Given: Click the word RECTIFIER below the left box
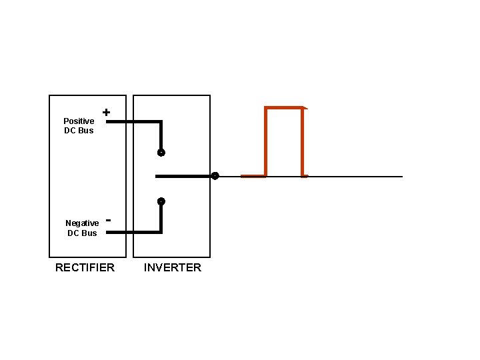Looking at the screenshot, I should [85, 267].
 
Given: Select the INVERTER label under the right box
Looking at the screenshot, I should [172, 267].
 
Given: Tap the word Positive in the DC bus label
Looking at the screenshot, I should [79, 121].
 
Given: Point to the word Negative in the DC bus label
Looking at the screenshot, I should [82, 223].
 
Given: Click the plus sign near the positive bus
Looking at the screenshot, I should [106, 113].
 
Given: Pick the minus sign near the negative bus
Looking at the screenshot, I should [108, 219].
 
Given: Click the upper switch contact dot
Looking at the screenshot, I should [161, 153].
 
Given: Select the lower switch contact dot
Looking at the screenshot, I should [161, 201].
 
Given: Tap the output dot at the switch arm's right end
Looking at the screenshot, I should [215, 176].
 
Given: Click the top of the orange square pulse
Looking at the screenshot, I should [285, 107].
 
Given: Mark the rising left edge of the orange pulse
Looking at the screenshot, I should [266, 141].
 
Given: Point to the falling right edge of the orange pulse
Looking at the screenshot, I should [303, 141].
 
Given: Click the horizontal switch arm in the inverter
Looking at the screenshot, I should [184, 176].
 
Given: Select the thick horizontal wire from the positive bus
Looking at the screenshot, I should [133, 122].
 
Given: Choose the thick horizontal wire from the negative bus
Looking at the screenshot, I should [133, 232].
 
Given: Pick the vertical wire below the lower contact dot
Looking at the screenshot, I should [161, 217].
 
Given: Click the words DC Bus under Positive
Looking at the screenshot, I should [79, 131].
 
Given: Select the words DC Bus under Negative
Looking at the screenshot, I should [82, 233].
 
